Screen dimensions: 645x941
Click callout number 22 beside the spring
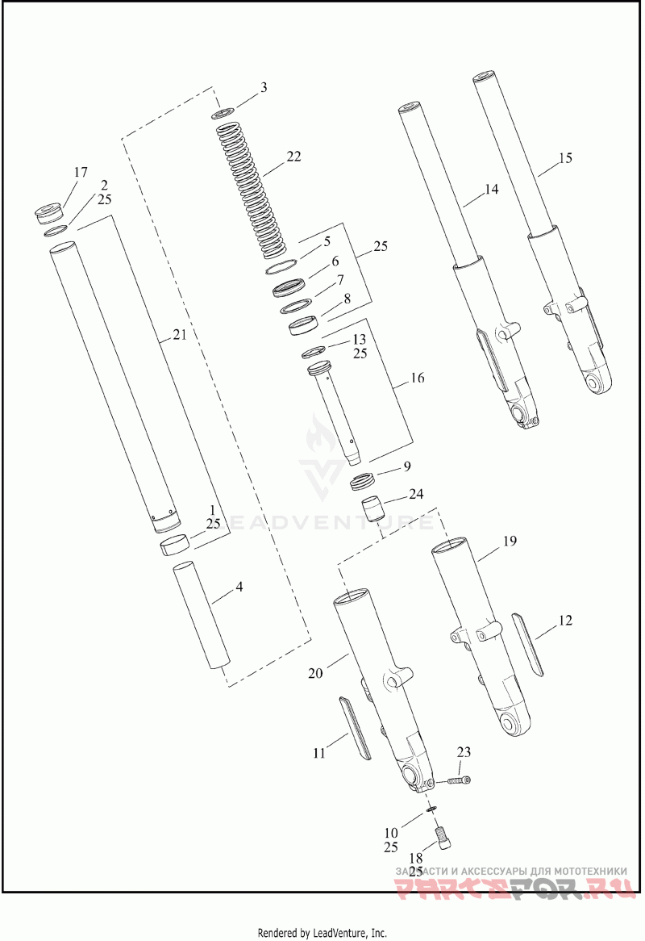[x=293, y=157]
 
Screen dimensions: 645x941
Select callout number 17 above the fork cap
[x=80, y=172]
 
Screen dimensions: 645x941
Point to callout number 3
[x=264, y=87]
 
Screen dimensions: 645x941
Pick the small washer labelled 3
[x=224, y=113]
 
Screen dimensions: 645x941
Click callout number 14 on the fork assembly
[x=491, y=190]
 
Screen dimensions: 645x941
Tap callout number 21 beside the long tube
[x=179, y=335]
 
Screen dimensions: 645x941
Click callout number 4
[x=239, y=588]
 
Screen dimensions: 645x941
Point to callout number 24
[x=416, y=493]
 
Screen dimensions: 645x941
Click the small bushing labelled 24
[x=372, y=511]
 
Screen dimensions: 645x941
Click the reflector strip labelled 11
[x=352, y=726]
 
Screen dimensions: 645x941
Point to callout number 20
[x=316, y=672]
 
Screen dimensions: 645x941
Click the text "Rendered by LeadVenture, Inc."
[x=322, y=933]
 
